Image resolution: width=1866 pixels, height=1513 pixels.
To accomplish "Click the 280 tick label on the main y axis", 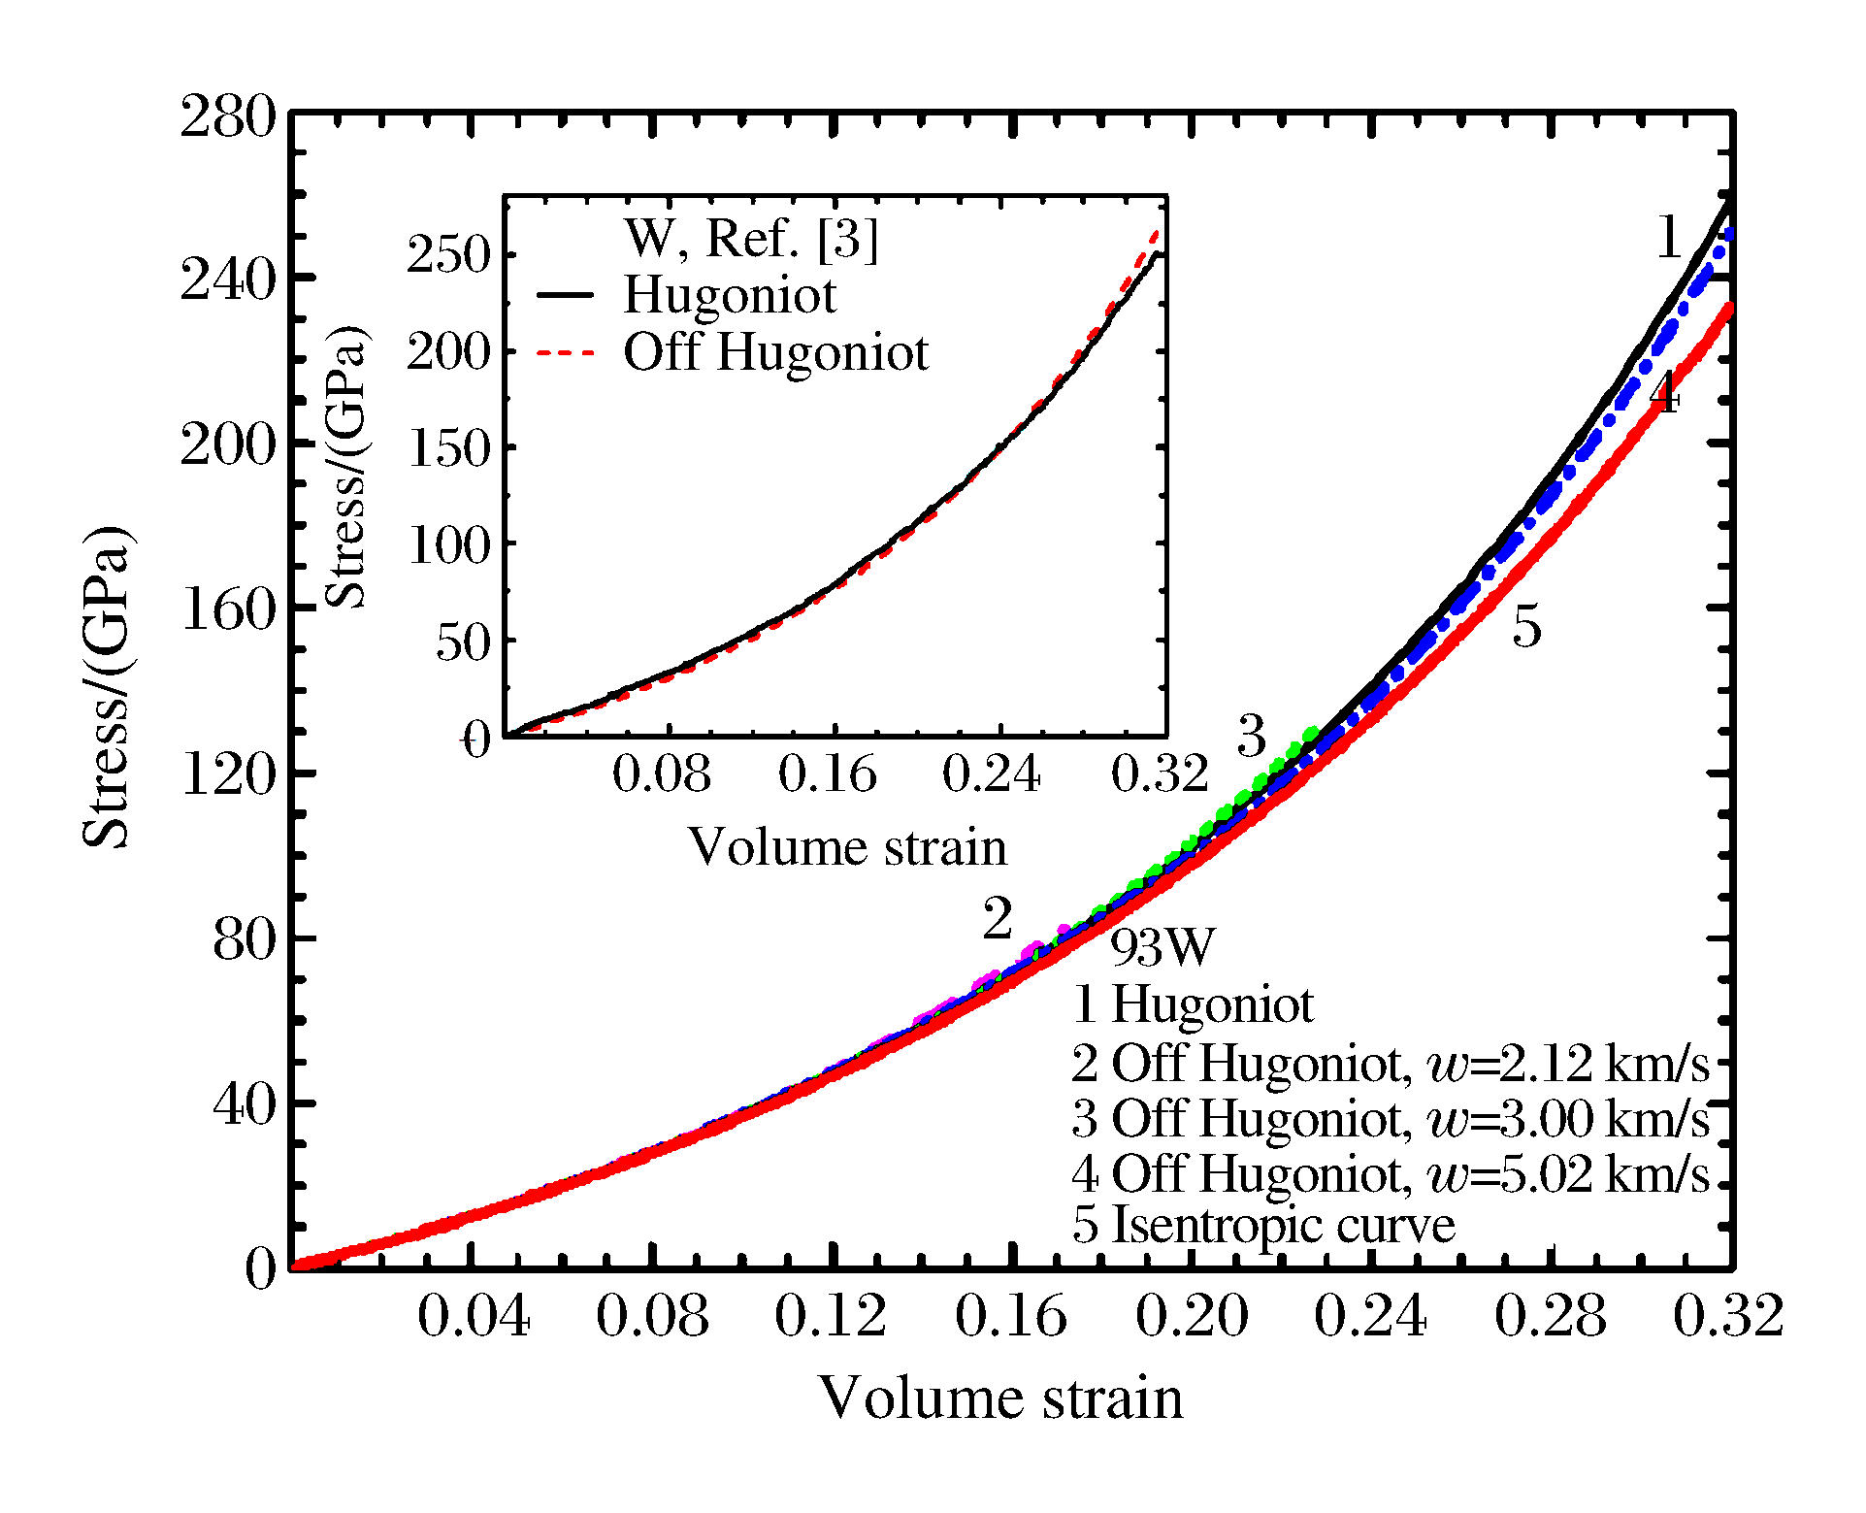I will click(x=228, y=118).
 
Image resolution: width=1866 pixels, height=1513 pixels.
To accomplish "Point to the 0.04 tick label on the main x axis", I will click(x=474, y=1317).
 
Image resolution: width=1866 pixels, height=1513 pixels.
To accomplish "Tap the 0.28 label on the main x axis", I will click(x=1550, y=1317).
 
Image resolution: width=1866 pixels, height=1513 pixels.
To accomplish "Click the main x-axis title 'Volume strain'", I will click(x=1000, y=1398).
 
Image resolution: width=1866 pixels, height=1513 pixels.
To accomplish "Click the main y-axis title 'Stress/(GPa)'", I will click(x=106, y=687).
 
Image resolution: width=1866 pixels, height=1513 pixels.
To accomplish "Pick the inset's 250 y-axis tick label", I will click(x=447, y=256).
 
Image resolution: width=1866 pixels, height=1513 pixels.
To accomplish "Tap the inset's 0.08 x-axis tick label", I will click(x=662, y=774).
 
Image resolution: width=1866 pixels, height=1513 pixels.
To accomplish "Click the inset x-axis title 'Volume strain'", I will click(x=847, y=847).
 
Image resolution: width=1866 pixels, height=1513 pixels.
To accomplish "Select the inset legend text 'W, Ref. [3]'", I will click(x=751, y=239).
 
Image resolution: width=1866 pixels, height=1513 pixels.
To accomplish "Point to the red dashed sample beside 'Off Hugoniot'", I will click(x=565, y=352).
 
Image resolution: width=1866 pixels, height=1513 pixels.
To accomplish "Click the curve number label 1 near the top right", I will click(x=1668, y=239).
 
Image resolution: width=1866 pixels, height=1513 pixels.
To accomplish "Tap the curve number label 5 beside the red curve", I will click(x=1526, y=627).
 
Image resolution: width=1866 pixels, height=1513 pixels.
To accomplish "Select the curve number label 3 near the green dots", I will click(x=1252, y=737).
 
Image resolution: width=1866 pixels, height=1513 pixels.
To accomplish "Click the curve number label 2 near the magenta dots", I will click(x=998, y=919).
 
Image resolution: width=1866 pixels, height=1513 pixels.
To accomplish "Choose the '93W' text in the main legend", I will click(x=1162, y=947).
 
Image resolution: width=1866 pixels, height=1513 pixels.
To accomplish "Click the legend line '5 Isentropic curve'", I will click(x=1263, y=1225).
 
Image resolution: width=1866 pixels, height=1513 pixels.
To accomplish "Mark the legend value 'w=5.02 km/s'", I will click(x=1567, y=1174).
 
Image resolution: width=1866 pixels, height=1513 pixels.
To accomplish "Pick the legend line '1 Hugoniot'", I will click(x=1193, y=1004).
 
